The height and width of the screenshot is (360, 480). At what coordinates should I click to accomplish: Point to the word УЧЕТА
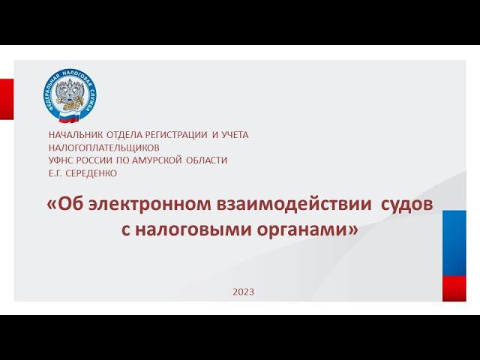pos(234,135)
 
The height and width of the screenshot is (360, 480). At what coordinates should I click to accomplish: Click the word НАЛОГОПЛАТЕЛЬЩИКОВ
pos(103,148)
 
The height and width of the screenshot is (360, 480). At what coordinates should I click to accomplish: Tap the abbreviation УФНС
pos(61,160)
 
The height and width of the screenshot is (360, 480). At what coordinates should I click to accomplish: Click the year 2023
pos(243,291)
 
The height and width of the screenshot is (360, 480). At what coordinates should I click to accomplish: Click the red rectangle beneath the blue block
pos(454,288)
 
